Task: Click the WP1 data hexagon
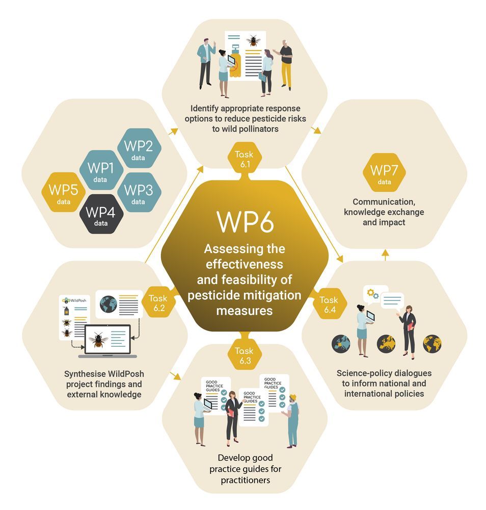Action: tap(100, 171)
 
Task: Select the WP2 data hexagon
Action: tap(139, 148)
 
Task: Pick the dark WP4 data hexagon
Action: tap(101, 214)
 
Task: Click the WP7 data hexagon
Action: tap(385, 173)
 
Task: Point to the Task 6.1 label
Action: tap(244, 158)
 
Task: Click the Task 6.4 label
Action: tap(329, 304)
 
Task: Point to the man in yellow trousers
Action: tap(286, 64)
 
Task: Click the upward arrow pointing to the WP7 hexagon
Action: tap(386, 253)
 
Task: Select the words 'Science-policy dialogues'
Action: tap(384, 373)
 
